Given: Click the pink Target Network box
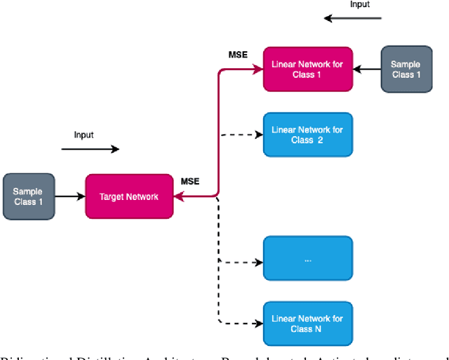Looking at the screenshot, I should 129,196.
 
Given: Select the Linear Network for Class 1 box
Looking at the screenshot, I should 307,69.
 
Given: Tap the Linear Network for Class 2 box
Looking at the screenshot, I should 307,135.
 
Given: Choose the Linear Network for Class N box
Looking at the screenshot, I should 307,324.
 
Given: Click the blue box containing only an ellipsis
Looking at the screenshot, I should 307,260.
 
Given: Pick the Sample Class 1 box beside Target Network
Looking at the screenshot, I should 28,196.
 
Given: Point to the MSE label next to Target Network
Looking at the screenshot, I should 190,182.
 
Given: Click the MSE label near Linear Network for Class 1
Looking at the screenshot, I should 239,55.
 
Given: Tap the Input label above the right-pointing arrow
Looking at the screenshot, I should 83,134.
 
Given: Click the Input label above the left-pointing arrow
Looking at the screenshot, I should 360,4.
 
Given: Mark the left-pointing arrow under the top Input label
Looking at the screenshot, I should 353,18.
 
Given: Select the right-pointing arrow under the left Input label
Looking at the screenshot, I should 91,149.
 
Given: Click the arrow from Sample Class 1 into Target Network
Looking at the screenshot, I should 69,196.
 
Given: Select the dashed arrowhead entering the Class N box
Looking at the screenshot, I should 258,324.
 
